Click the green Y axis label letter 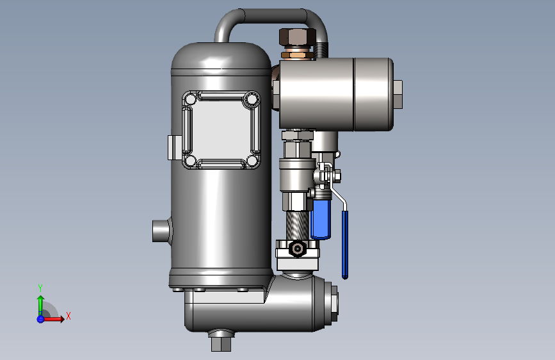pos(40,288)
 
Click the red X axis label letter pos(68,316)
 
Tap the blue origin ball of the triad pos(40,319)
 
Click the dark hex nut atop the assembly pos(297,37)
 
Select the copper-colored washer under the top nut pos(297,54)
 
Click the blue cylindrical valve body pos(321,218)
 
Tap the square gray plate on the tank pos(221,129)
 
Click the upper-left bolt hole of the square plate pos(191,99)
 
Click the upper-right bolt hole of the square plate pos(252,99)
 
